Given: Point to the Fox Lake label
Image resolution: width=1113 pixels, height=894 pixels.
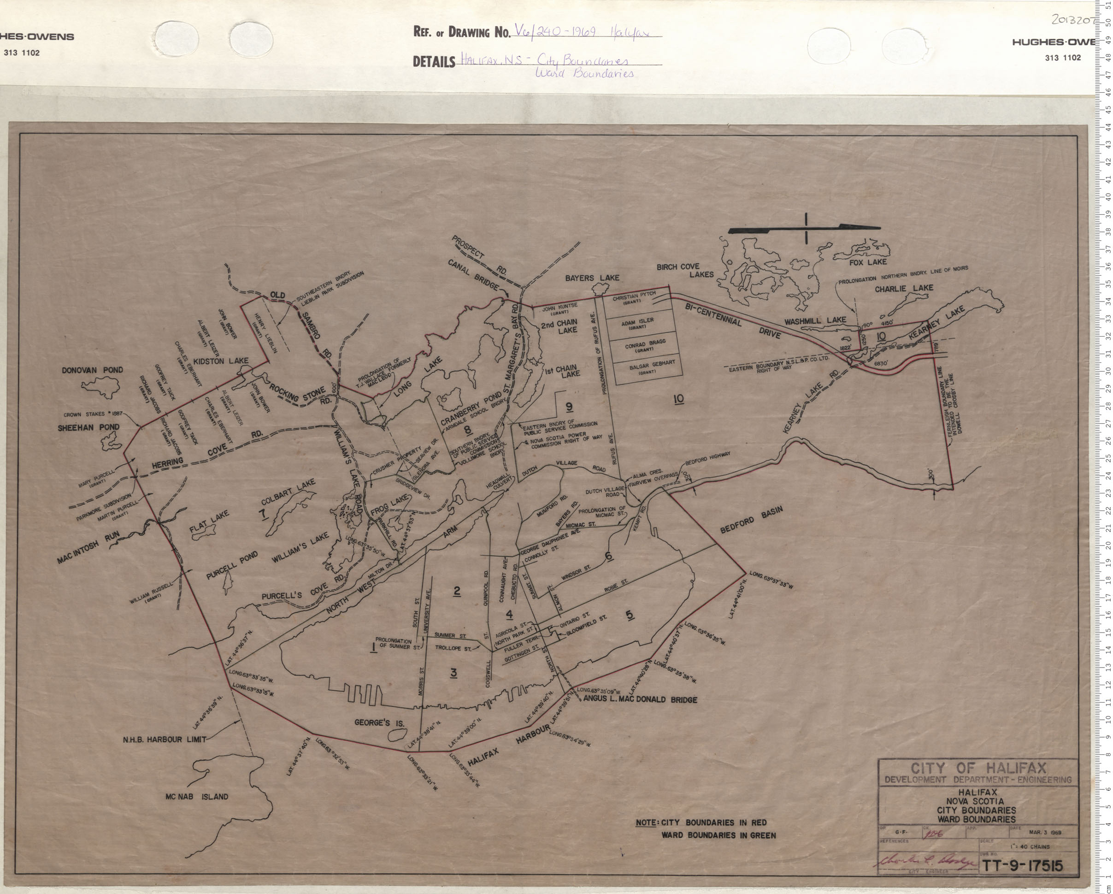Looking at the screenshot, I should pos(871,262).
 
